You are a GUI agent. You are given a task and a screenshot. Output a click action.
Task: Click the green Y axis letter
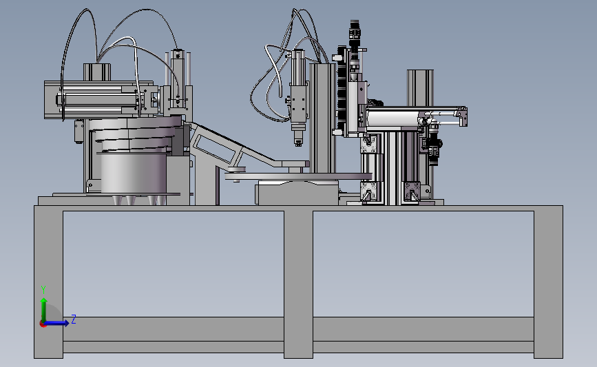click(43, 290)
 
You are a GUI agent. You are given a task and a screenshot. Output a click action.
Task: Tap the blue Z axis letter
click(74, 319)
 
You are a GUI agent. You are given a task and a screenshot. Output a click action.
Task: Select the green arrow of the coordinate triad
click(44, 310)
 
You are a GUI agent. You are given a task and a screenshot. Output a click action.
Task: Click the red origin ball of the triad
click(43, 324)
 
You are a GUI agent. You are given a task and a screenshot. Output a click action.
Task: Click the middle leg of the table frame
click(299, 284)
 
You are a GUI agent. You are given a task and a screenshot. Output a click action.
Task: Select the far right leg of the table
click(548, 284)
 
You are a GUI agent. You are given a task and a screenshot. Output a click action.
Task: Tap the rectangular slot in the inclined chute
click(214, 149)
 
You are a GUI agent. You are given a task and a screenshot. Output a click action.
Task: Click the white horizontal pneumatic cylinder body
click(392, 118)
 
